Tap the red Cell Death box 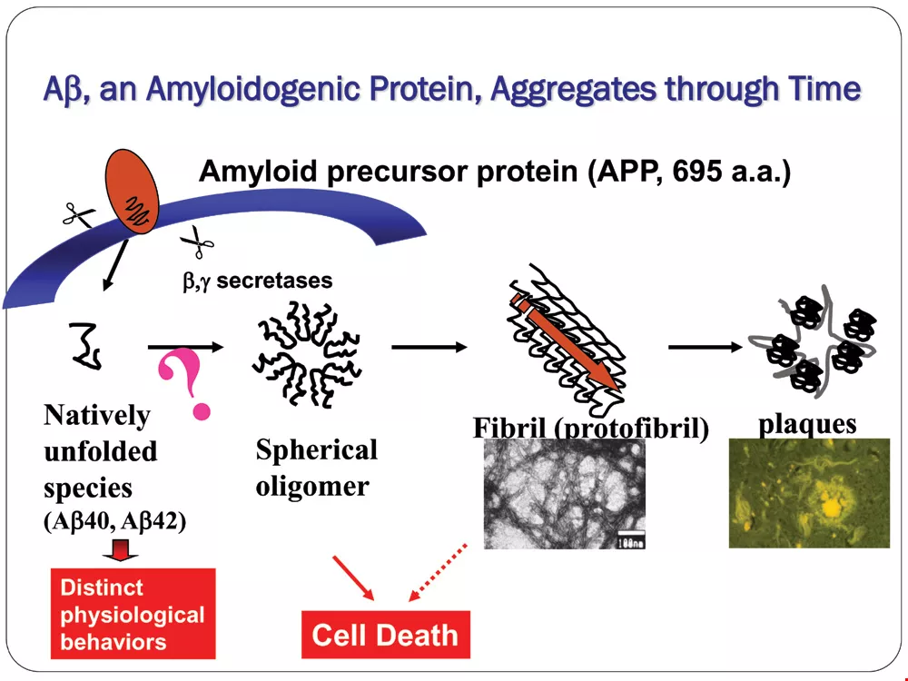386,635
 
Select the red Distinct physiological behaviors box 133,614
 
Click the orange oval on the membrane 132,192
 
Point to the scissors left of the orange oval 79,216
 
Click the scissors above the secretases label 197,242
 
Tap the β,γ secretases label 258,281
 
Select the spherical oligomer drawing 307,354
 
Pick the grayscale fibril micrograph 565,493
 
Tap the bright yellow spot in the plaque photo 832,507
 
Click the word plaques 807,424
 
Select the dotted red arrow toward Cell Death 438,572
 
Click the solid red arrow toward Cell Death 353,577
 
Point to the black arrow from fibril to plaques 705,347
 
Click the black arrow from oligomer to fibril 429,347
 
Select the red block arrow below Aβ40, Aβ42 121,550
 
